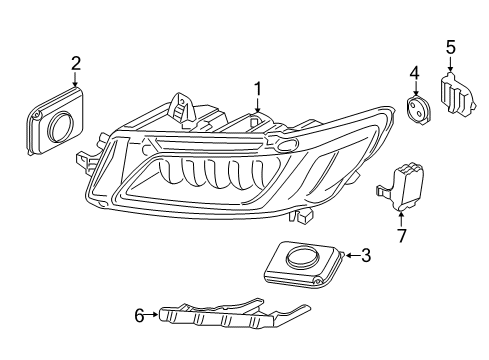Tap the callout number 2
pos(75,64)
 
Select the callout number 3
pos(366,256)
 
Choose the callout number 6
pos(140,315)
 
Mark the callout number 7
pos(401,236)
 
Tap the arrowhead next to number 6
pos(156,315)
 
